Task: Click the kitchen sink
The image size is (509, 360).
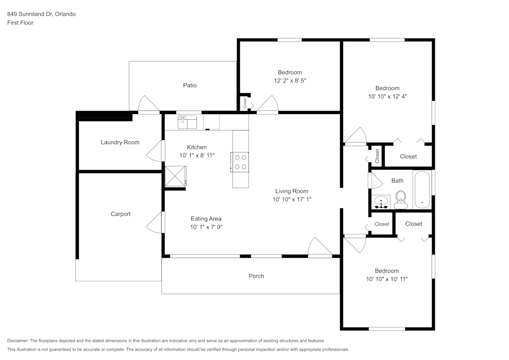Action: point(187,122)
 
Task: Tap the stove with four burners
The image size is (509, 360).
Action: point(240,161)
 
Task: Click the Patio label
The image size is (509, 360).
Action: point(190,86)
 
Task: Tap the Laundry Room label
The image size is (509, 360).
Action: point(120,143)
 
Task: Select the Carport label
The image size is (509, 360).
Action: point(121,214)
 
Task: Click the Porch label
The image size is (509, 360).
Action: point(257,276)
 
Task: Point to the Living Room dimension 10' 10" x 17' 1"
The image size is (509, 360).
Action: point(292,200)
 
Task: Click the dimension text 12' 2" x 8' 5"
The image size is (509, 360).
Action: point(290,80)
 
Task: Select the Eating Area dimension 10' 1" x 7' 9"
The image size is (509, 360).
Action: point(206,227)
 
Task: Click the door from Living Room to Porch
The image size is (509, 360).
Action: point(320,248)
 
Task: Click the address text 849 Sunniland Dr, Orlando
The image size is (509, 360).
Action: point(41,14)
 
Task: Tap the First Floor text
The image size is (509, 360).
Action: point(20,23)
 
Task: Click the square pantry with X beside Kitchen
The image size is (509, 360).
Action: point(176,177)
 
